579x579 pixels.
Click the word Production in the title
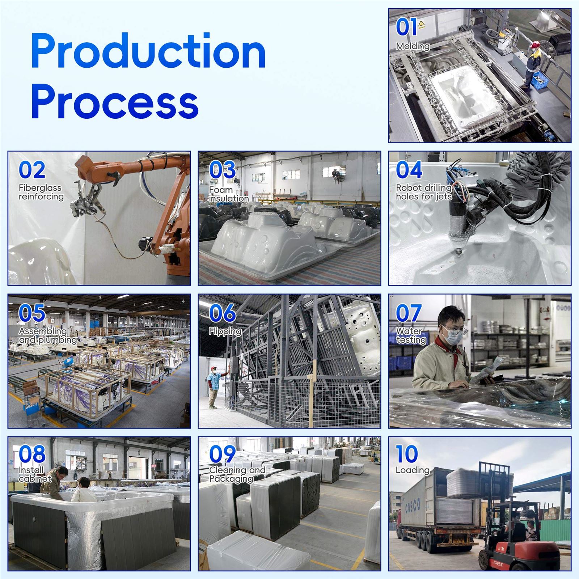[x=148, y=51]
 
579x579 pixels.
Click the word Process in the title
[x=115, y=102]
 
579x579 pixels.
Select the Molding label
[x=413, y=46]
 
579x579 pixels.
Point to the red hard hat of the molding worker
[x=535, y=44]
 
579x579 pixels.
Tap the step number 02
[x=32, y=170]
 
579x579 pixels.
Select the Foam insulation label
[x=229, y=194]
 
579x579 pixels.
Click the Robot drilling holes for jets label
[x=424, y=192]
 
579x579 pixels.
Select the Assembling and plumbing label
[x=48, y=335]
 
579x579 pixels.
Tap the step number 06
[x=223, y=313]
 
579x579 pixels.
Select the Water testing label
[x=411, y=335]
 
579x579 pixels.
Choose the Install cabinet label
[x=35, y=474]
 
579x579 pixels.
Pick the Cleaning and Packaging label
[x=237, y=474]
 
